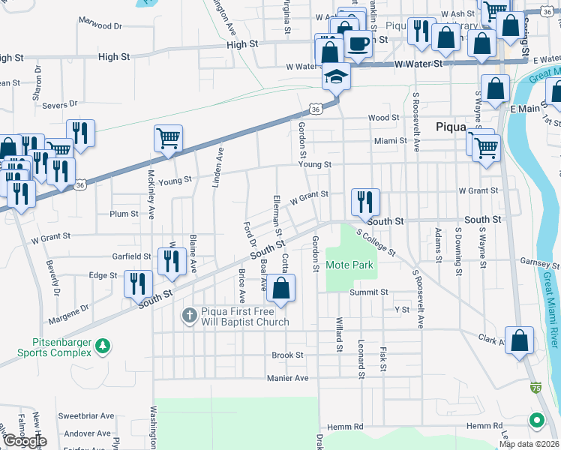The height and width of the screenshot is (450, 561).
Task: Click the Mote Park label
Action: tap(349, 265)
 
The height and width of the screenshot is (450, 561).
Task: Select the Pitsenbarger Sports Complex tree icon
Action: tap(105, 346)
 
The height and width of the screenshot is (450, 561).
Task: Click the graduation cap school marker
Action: tap(335, 78)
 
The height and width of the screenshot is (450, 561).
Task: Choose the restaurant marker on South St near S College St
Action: tap(365, 202)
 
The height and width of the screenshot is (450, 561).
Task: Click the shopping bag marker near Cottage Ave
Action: tap(280, 288)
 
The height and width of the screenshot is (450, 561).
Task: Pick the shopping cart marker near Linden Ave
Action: tap(168, 138)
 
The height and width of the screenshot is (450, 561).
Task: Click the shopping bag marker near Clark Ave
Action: tap(520, 340)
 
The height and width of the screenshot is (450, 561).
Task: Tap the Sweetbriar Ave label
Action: tap(86, 415)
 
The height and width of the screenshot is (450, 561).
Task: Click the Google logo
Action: tap(24, 441)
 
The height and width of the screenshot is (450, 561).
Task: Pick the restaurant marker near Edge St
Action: tap(139, 283)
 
